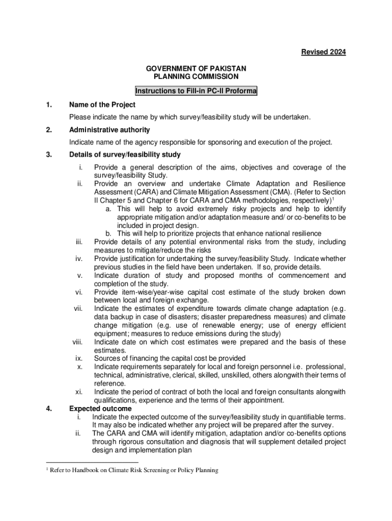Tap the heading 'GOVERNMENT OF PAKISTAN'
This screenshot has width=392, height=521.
point(196,68)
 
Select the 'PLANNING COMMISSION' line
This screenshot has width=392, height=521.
point(196,76)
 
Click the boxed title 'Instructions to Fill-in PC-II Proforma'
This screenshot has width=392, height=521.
point(196,91)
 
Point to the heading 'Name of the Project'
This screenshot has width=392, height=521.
point(102,105)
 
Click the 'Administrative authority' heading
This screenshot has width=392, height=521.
point(109,130)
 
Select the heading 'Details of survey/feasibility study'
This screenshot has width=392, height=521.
point(125,155)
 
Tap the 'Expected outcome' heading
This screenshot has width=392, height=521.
point(100,409)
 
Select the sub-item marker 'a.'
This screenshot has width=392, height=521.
point(109,209)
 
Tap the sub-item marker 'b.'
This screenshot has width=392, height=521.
point(109,234)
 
